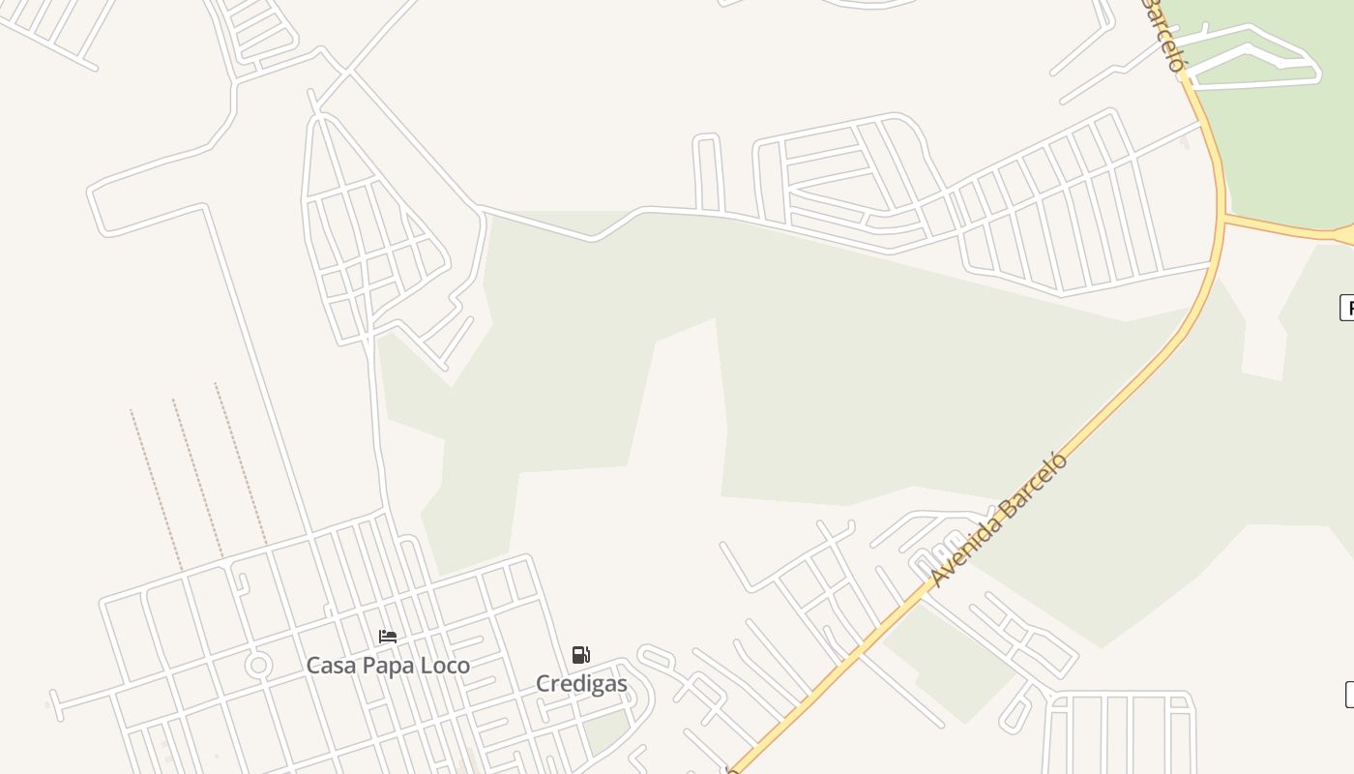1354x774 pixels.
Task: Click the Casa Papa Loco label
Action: pos(388,666)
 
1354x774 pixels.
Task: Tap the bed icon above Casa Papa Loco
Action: pos(388,637)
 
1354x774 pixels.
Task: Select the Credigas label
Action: pos(581,684)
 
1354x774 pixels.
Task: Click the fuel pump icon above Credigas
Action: pos(580,655)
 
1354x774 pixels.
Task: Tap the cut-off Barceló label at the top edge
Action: pos(1163,34)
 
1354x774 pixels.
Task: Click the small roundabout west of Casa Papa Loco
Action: pos(258,666)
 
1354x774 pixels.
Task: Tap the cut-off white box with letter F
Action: pos(1346,308)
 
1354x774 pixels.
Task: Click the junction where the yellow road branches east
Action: pos(1223,219)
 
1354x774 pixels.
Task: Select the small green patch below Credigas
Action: pos(606,731)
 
